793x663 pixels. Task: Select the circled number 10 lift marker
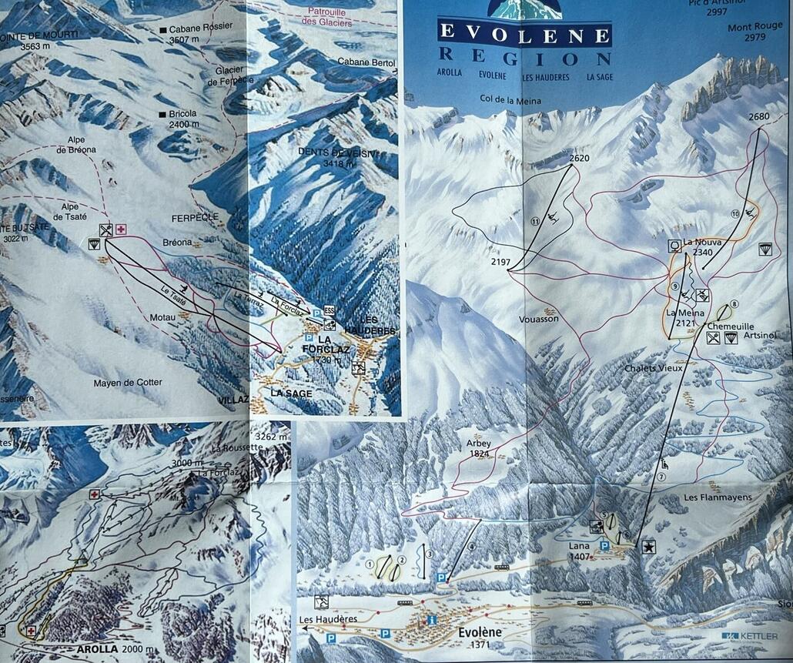point(735,213)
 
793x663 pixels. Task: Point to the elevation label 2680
point(758,116)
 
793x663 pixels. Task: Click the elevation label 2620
point(580,158)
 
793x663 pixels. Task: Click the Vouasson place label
point(539,318)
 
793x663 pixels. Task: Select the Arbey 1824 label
point(478,448)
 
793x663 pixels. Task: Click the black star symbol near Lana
point(649,547)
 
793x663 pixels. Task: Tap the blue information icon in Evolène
point(432,620)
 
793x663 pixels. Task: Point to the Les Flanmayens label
point(717,497)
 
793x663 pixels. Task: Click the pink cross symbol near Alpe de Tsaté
point(121,229)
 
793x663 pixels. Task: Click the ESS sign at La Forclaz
point(330,310)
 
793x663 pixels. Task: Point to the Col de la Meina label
point(510,100)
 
